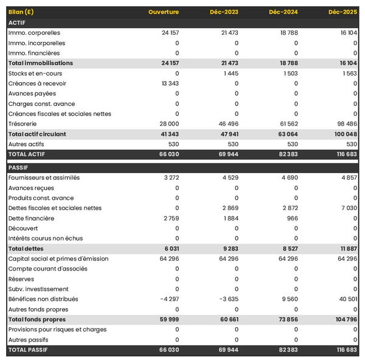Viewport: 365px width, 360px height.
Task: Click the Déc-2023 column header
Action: (223, 12)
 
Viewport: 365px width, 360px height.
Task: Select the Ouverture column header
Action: (163, 12)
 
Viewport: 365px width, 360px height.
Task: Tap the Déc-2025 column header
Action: (342, 12)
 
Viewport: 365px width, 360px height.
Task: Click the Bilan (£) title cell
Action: (21, 12)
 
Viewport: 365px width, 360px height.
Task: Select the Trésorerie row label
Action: (24, 124)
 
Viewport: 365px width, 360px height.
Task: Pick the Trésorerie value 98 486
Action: (345, 124)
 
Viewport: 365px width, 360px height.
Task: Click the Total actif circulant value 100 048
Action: (344, 134)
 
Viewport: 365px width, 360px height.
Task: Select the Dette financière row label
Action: (31, 218)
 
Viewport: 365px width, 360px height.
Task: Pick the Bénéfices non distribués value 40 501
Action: (346, 299)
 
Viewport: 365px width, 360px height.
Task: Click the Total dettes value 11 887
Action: (346, 249)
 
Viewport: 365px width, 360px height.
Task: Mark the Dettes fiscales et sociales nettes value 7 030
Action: (347, 208)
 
